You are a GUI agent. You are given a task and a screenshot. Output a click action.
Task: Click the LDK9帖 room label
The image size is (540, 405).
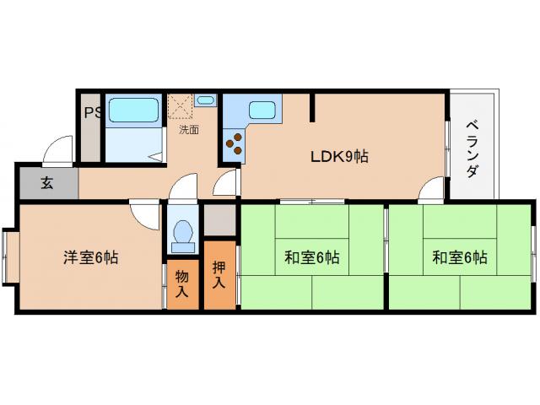(339, 156)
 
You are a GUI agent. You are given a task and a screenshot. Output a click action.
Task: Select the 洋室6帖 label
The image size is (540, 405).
(90, 257)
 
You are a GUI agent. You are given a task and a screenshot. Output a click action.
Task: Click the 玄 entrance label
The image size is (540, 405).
(47, 183)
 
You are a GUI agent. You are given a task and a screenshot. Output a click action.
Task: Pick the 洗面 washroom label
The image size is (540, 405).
(189, 130)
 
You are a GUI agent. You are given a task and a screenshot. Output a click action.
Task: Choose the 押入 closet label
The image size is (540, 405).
(219, 275)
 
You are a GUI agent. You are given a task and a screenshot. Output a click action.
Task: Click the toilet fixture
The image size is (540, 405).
(181, 235)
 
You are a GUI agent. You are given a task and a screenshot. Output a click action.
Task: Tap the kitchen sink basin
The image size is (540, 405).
(262, 109)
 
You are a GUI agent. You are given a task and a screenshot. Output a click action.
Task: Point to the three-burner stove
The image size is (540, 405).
(233, 146)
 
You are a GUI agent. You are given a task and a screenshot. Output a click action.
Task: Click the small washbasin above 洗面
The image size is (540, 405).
(206, 101)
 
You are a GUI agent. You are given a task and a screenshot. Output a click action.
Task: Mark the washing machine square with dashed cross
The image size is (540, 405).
(180, 106)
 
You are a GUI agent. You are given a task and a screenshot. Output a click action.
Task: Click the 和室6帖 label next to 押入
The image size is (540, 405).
(311, 258)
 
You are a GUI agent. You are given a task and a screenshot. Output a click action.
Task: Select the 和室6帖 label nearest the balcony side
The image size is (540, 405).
(460, 257)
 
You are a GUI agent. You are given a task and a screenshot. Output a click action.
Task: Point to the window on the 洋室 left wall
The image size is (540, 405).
(10, 256)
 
